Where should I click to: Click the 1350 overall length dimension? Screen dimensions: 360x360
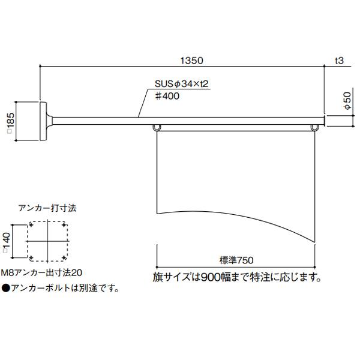tap(192, 61)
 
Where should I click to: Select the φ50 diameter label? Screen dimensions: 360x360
tap(347, 100)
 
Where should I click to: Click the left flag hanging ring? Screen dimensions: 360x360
tap(157, 128)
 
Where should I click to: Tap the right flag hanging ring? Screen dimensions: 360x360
tap(314, 128)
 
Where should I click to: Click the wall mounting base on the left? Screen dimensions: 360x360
tap(44, 121)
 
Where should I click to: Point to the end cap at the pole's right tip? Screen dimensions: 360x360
tap(325, 121)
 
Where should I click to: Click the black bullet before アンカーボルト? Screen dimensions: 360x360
tap(5, 288)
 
